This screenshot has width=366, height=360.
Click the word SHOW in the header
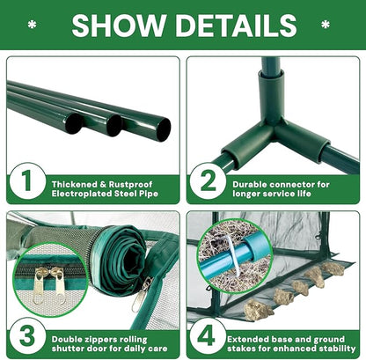click(119, 26)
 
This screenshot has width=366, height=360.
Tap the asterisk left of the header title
click(33, 25)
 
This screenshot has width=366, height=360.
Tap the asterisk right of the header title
click(326, 25)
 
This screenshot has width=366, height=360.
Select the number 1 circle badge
click(27, 181)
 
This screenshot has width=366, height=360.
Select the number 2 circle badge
click(208, 181)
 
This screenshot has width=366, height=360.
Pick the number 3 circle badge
click(27, 336)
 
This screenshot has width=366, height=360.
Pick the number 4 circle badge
click(208, 336)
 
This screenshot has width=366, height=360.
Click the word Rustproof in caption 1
click(130, 185)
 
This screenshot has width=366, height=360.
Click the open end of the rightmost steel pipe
click(164, 129)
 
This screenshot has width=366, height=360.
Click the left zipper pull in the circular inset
click(40, 284)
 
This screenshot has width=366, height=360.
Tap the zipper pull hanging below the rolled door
click(140, 294)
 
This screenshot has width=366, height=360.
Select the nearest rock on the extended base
click(258, 310)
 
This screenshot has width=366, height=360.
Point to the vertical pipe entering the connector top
click(270, 65)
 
